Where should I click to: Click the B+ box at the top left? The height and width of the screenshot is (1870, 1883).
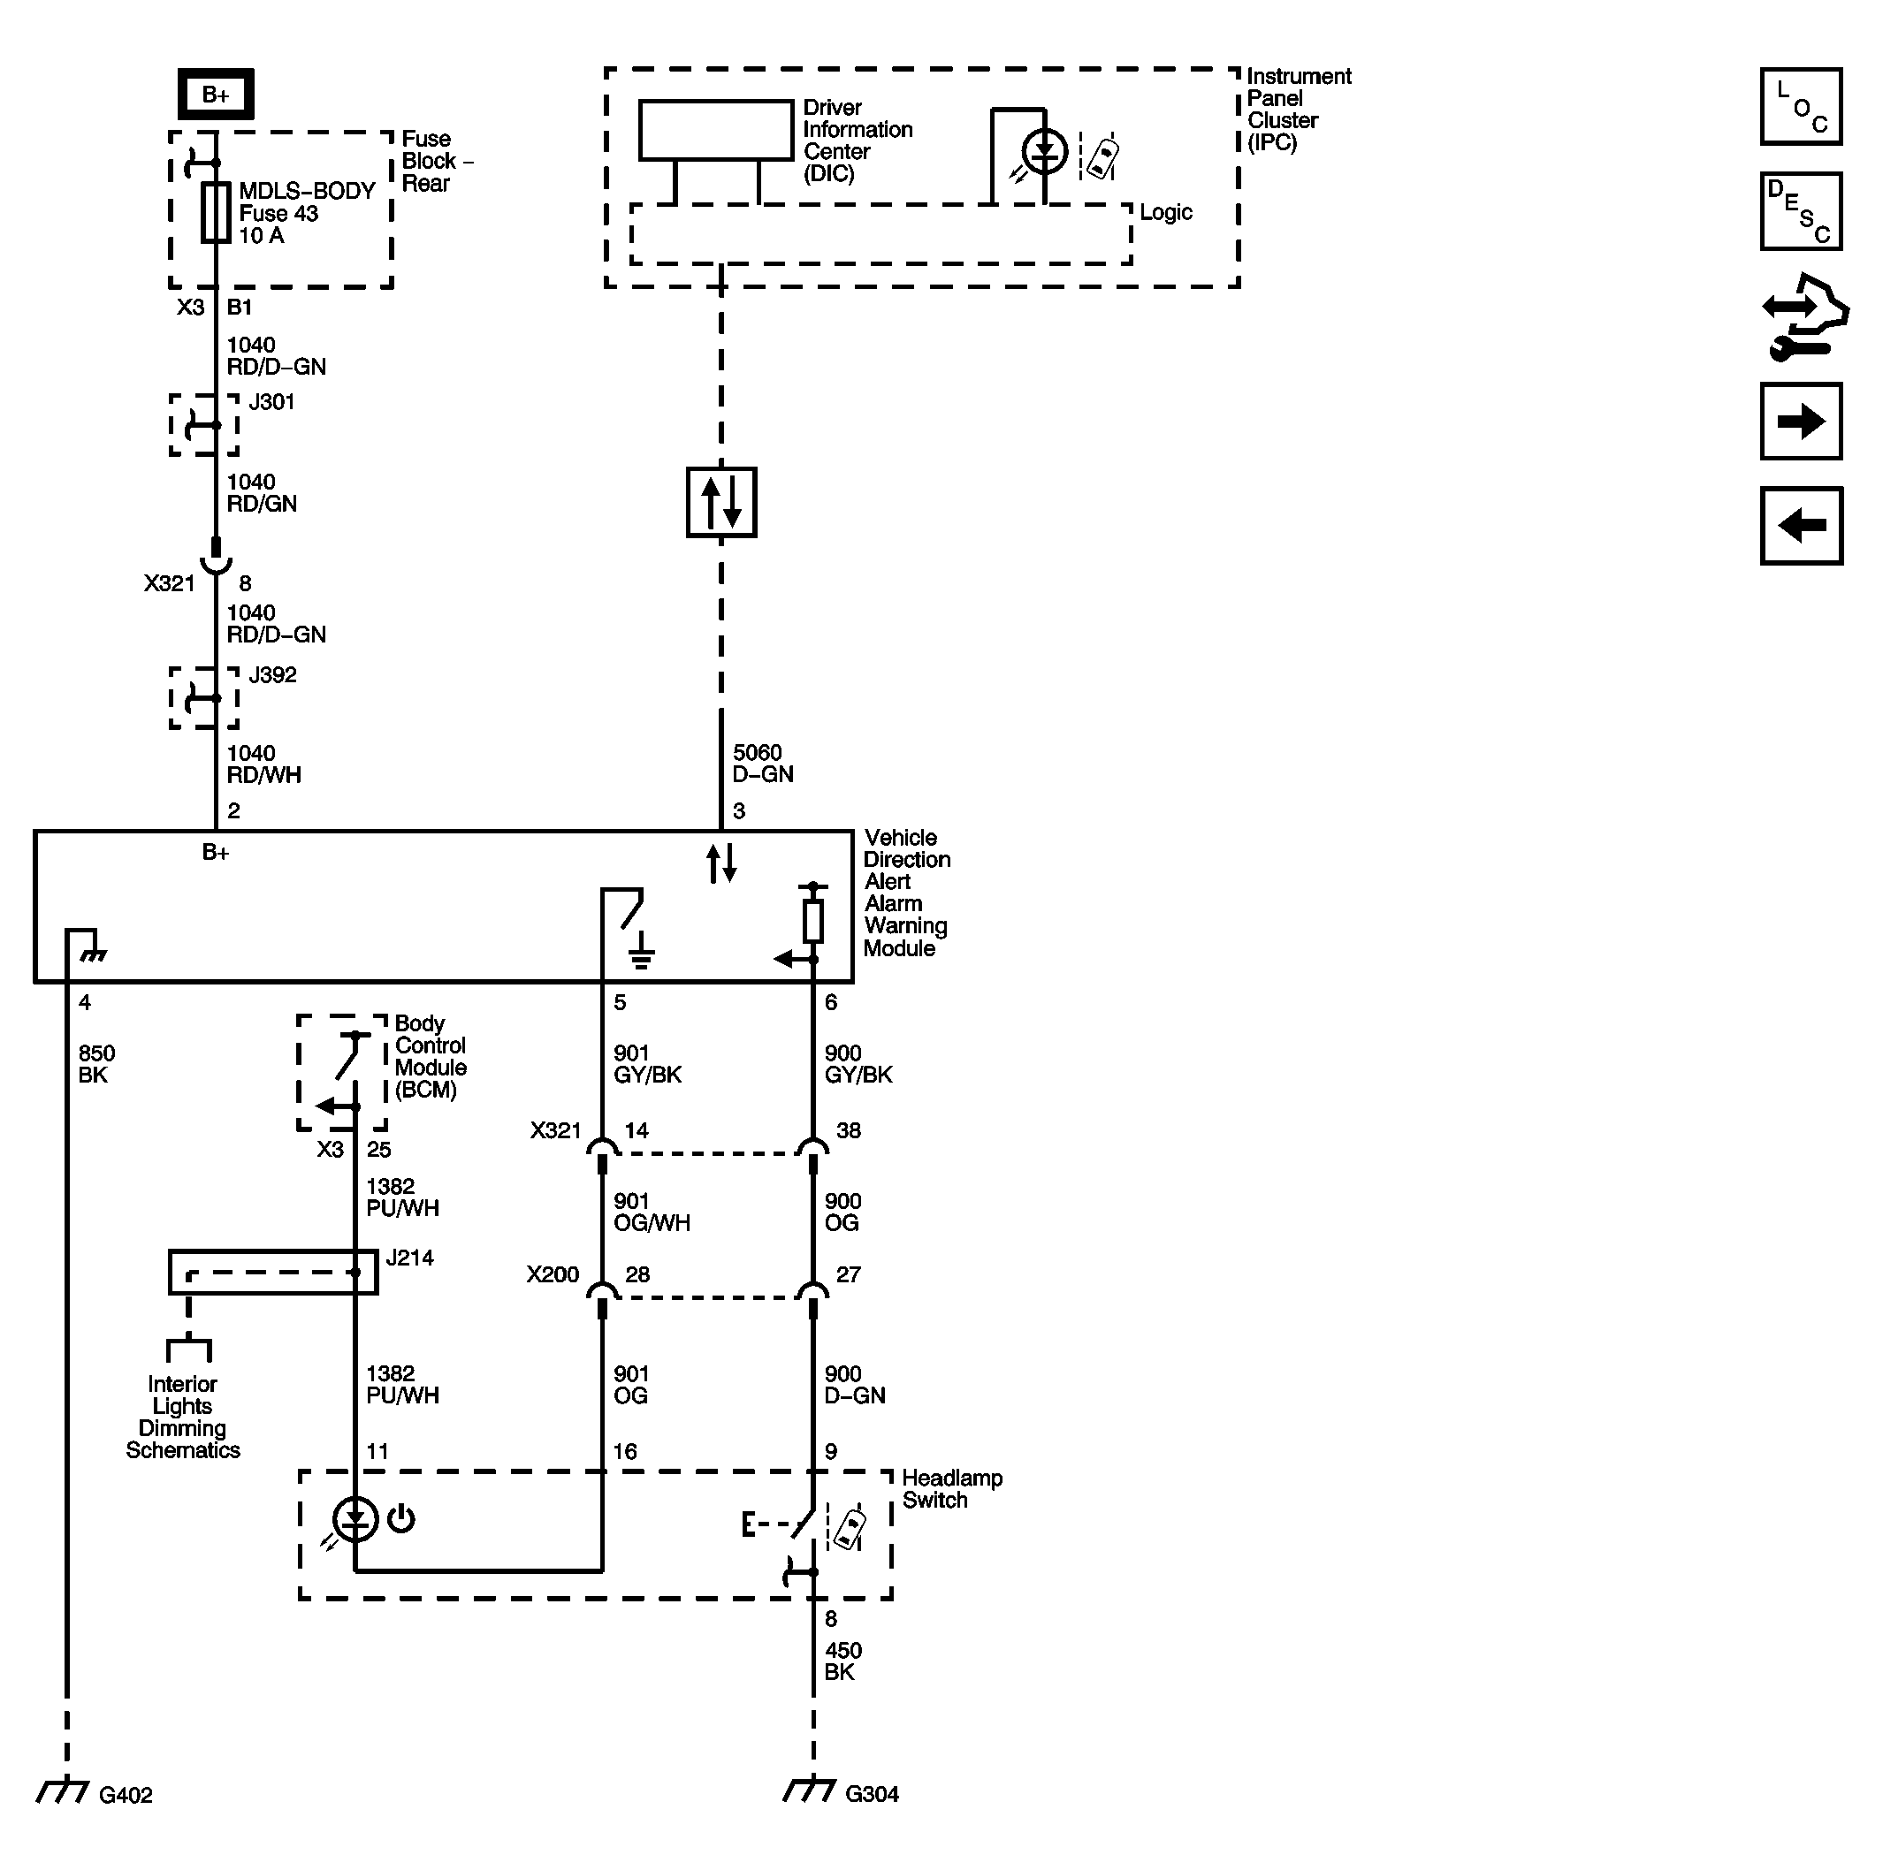[x=216, y=95]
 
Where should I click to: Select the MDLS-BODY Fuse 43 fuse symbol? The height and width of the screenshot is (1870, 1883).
[x=216, y=212]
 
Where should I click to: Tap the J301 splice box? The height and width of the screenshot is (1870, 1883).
[x=203, y=425]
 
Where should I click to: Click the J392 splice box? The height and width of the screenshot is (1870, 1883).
[x=203, y=698]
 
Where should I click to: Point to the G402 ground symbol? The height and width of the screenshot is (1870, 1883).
[x=65, y=1791]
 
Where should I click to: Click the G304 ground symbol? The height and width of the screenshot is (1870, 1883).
[x=810, y=1790]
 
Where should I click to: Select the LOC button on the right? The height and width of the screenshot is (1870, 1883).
[x=1800, y=107]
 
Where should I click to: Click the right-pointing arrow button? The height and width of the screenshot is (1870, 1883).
[x=1800, y=421]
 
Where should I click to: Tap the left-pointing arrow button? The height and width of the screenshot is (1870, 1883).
[x=1800, y=526]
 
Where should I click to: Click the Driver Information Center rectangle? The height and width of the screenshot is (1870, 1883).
[x=715, y=130]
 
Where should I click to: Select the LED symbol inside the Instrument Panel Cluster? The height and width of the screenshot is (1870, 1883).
[x=1044, y=152]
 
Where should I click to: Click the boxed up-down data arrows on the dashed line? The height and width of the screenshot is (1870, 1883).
[x=721, y=503]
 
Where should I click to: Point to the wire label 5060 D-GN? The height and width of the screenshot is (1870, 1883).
[x=763, y=763]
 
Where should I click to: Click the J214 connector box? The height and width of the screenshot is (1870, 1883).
[x=273, y=1272]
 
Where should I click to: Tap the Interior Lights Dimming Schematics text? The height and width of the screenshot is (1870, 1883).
[x=182, y=1417]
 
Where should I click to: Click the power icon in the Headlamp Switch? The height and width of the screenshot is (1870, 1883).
[x=401, y=1518]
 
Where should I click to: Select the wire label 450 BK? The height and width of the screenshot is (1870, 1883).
[x=842, y=1661]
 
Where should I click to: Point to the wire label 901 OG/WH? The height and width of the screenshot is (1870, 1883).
[x=651, y=1212]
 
